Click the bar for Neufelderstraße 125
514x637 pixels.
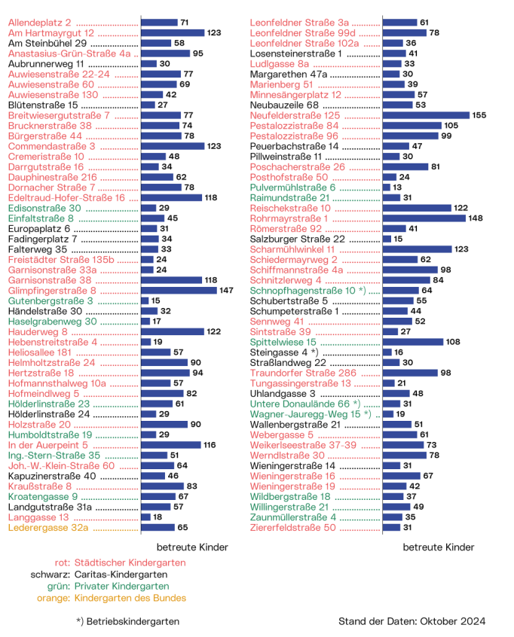click(425, 115)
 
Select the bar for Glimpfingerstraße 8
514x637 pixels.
click(179, 290)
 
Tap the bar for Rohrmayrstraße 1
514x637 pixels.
click(424, 218)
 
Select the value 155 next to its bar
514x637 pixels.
click(480, 115)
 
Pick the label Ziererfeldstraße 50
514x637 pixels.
click(293, 528)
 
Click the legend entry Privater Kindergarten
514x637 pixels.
click(121, 587)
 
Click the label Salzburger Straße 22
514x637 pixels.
click(298, 239)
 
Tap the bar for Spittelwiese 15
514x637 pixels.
click(413, 342)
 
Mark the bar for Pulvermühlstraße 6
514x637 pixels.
click(386, 187)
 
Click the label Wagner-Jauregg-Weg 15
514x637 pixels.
click(306, 414)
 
